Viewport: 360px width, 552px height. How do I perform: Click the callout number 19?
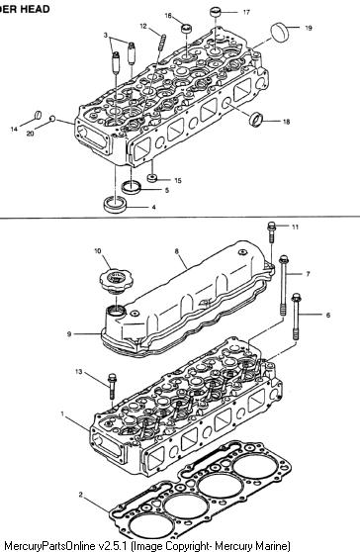pyautogui.click(x=309, y=28)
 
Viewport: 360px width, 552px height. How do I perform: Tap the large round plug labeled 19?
pyautogui.click(x=280, y=32)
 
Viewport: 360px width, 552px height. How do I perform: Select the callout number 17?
pyautogui.click(x=246, y=12)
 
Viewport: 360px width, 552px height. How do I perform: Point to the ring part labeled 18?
pyautogui.click(x=256, y=119)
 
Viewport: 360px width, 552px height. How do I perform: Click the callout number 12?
pyautogui.click(x=143, y=26)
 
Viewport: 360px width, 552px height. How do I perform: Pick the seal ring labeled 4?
pyautogui.click(x=115, y=205)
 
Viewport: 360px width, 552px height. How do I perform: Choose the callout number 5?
pyautogui.click(x=167, y=191)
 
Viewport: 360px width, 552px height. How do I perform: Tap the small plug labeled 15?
pyautogui.click(x=152, y=178)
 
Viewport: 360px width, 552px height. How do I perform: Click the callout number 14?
pyautogui.click(x=14, y=130)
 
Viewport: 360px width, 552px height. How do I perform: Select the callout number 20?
pyautogui.click(x=31, y=134)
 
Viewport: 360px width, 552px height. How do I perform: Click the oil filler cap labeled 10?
pyautogui.click(x=113, y=278)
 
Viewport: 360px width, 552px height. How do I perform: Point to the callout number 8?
pyautogui.click(x=177, y=251)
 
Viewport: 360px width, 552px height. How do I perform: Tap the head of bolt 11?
pyautogui.click(x=271, y=226)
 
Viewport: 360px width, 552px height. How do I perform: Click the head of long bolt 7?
pyautogui.click(x=284, y=260)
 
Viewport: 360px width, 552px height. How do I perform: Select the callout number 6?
pyautogui.click(x=328, y=316)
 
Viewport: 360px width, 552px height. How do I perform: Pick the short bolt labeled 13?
pyautogui.click(x=112, y=386)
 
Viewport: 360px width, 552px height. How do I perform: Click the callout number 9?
pyautogui.click(x=69, y=333)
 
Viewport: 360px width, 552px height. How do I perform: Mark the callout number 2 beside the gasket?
pyautogui.click(x=80, y=495)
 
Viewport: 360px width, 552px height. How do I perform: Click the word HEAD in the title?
pyautogui.click(x=35, y=9)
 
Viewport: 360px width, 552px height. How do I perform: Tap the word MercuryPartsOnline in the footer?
pyautogui.click(x=49, y=545)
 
